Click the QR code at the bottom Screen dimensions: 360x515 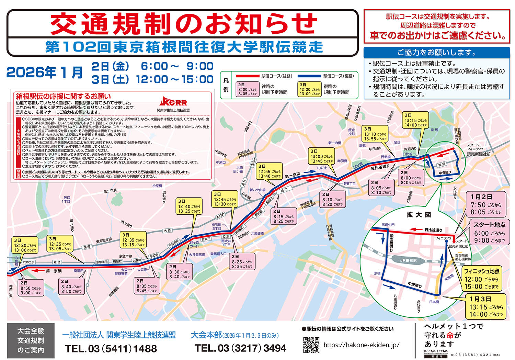tap(311, 345)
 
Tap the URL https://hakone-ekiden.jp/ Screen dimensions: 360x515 tap(362, 345)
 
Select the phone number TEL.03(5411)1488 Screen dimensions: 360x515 tap(111, 349)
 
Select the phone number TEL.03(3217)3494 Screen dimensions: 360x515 tap(240, 348)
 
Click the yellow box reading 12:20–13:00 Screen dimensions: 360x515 tap(25, 245)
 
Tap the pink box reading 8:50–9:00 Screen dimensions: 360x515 tap(31, 288)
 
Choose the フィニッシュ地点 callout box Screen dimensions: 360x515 tap(481, 279)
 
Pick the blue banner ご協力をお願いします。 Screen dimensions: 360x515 tap(436, 53)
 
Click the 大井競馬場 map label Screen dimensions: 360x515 tap(197, 255)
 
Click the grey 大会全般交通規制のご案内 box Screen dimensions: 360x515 tap(31, 340)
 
